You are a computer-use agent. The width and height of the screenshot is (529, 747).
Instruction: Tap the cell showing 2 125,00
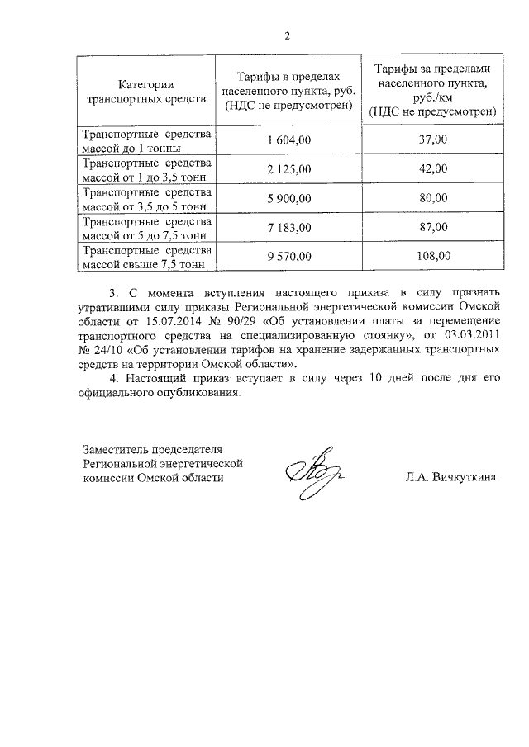coord(288,169)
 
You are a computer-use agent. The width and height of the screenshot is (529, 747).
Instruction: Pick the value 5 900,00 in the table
coord(288,198)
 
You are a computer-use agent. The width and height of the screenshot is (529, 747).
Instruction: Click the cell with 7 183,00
coord(288,227)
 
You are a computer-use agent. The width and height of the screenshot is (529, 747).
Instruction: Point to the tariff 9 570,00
coord(288,256)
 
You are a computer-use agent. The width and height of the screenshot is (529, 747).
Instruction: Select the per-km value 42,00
coord(433,169)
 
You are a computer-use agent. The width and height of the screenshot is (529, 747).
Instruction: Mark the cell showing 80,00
coord(433,198)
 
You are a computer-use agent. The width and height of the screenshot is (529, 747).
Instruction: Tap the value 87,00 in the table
coord(433,227)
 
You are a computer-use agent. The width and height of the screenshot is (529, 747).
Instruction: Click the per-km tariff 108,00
coord(433,256)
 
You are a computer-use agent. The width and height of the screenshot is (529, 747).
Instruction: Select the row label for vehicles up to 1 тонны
coord(145,141)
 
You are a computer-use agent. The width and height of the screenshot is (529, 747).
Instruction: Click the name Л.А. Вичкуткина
coord(450,477)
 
